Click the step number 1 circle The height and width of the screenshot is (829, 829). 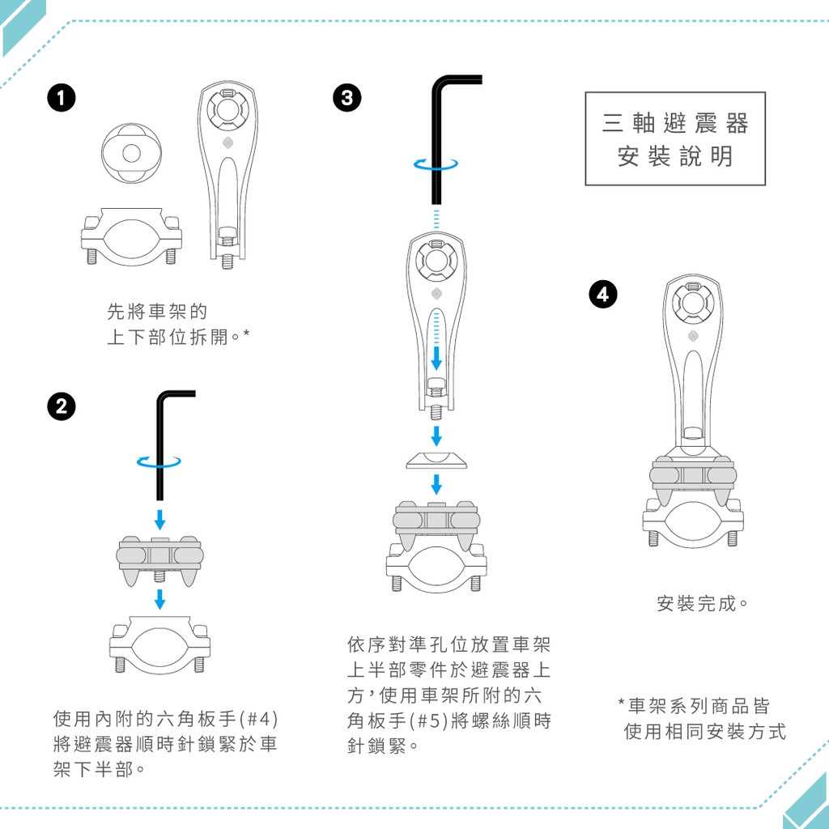pos(62,98)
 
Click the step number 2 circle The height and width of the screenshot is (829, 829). pos(62,406)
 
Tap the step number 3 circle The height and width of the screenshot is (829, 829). pos(347,98)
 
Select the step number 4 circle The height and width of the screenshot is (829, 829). pos(603,294)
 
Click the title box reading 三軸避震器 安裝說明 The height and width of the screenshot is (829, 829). pos(675,138)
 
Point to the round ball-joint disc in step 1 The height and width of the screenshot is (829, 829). pos(132,153)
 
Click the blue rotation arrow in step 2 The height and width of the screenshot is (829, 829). pos(159,462)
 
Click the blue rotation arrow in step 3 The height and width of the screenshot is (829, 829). pos(436,164)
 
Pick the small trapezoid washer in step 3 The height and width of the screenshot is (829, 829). pos(436,461)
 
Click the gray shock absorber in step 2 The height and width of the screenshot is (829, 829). pos(159,560)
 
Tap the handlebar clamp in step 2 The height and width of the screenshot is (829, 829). pos(159,645)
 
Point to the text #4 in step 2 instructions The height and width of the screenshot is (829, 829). pos(258,719)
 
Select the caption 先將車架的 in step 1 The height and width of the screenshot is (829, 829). pos(157,312)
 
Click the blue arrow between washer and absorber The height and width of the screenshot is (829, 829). pos(436,484)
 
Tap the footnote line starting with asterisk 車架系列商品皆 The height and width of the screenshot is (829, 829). pos(694,706)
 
